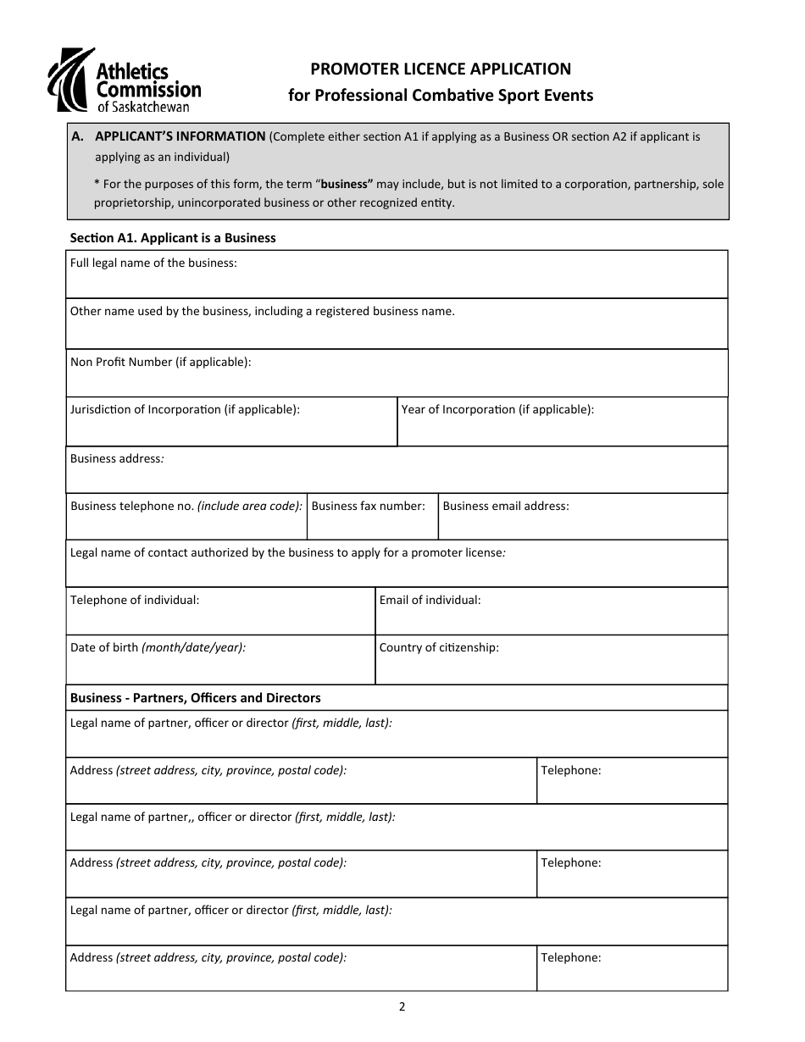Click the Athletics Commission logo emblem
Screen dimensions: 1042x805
[68, 80]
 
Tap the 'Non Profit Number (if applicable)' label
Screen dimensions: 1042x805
[160, 362]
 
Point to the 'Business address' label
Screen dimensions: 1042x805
[116, 458]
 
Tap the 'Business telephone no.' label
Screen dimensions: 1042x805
[186, 506]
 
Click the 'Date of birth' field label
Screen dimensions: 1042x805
[158, 647]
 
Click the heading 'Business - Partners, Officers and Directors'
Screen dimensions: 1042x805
[195, 698]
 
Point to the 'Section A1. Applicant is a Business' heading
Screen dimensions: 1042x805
[172, 238]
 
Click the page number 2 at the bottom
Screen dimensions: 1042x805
[402, 1007]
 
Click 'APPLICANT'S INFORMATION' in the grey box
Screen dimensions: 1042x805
[180, 136]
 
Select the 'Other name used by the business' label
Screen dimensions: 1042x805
[262, 311]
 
